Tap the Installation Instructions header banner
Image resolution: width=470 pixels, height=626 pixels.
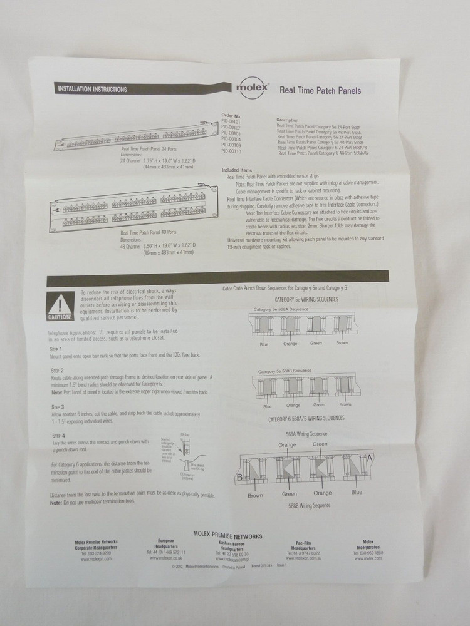[x=92, y=89]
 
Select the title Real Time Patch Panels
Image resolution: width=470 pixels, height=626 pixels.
[x=320, y=90]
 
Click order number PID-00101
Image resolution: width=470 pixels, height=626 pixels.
[x=231, y=121]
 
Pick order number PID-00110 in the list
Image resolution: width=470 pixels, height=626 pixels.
[x=231, y=151]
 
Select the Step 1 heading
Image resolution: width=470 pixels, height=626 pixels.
[x=56, y=348]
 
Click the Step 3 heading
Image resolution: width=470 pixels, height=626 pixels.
[x=58, y=407]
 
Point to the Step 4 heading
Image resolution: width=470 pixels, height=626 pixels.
[x=58, y=435]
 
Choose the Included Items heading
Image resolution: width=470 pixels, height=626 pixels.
[x=238, y=170]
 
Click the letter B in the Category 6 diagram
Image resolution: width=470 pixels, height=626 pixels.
[x=239, y=480]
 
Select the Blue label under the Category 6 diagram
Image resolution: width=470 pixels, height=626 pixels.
[x=357, y=493]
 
